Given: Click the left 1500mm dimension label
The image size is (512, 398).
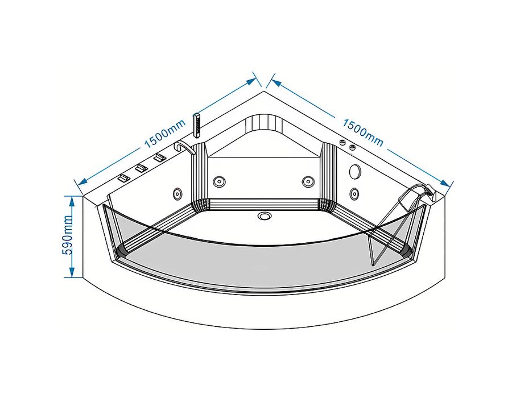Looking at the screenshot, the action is pos(165,134).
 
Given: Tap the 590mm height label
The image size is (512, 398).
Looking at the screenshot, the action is pos(67,235).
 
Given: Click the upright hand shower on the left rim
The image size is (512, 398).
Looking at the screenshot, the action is pos(197,125).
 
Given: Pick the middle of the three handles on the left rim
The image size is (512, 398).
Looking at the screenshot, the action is pos(141,168).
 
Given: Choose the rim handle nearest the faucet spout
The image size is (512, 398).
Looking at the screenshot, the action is pos(160,157).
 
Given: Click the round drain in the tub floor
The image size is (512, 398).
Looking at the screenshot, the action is pos(264,215).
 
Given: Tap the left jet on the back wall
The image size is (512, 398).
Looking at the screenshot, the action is pos(219,181).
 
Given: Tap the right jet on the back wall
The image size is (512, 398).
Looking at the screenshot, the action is pos(308,181).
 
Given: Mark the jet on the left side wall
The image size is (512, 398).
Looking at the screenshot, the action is pos(177,193).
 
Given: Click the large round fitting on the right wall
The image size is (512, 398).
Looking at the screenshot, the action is pos(354,171).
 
